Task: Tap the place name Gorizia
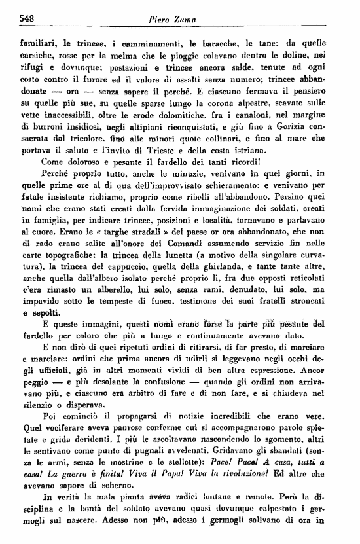pyautogui.click(x=298, y=137)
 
